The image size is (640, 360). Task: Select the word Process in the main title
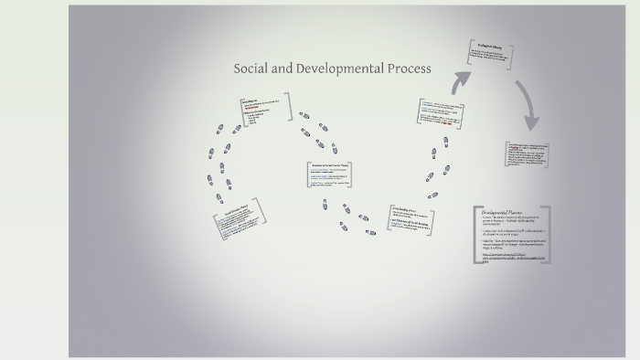coord(410,69)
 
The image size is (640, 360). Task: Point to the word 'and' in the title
coord(282,69)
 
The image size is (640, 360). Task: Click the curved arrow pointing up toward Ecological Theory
coord(460,83)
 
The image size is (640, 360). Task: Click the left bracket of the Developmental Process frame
coord(475,235)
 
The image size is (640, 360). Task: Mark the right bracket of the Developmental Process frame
coord(549,235)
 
